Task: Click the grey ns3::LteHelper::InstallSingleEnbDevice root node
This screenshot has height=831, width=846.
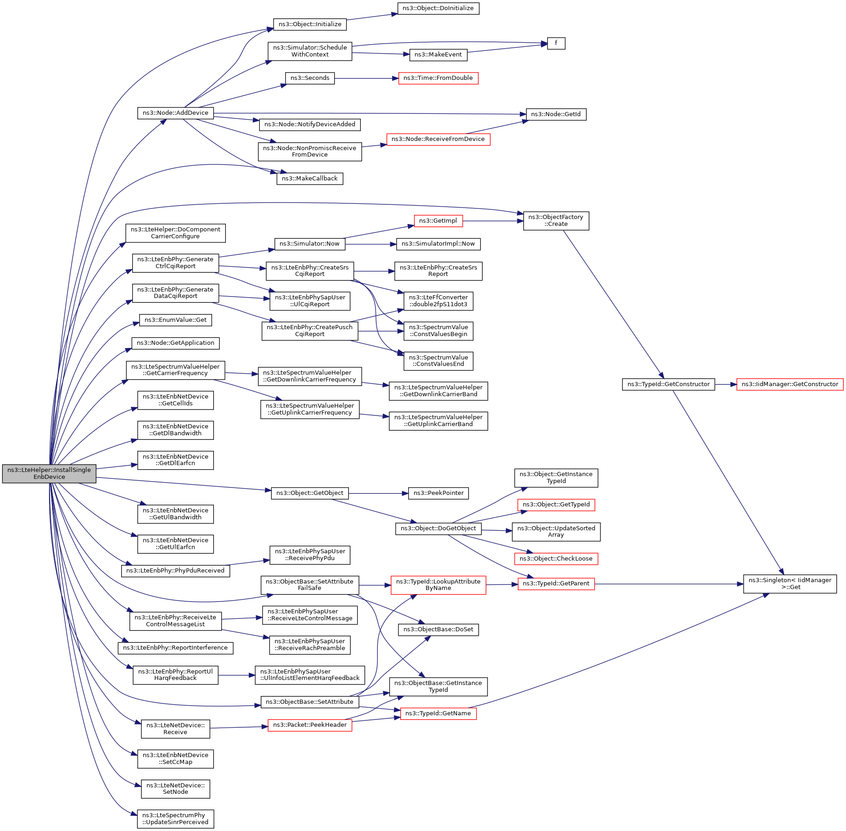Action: tap(49, 473)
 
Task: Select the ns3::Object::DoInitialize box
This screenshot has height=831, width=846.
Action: tap(438, 8)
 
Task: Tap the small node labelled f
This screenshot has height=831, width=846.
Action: tap(556, 43)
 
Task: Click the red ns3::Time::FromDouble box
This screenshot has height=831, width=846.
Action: tap(438, 78)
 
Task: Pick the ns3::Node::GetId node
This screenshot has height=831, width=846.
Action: tap(556, 114)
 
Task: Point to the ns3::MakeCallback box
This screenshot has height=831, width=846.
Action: tap(309, 179)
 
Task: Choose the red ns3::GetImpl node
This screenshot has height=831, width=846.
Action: tap(438, 221)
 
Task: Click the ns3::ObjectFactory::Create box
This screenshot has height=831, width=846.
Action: tap(556, 221)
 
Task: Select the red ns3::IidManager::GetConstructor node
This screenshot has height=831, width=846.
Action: tap(790, 384)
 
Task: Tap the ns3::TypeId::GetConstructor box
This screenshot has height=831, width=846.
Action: tap(668, 384)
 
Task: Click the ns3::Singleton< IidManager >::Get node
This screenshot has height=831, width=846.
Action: tap(790, 584)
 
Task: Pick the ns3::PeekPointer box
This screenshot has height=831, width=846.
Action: tap(438, 493)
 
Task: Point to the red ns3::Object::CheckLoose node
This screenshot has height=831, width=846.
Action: tap(556, 559)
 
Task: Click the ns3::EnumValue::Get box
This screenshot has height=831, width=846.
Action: tap(175, 320)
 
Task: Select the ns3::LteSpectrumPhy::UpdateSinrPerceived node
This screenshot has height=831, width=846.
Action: tap(175, 819)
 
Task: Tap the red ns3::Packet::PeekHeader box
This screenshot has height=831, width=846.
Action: tap(309, 725)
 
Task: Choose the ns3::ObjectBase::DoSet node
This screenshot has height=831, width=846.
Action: tap(438, 629)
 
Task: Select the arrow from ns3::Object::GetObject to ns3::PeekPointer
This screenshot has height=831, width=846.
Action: tap(378, 494)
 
